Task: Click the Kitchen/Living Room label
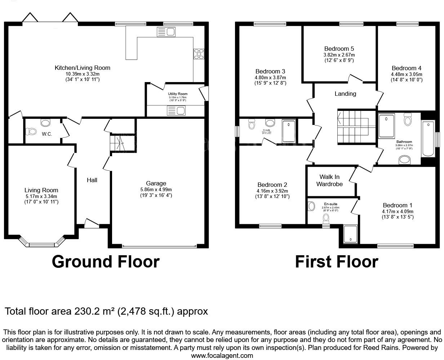click(82, 68)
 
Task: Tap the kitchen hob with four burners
click(199, 54)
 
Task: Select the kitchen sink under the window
click(165, 32)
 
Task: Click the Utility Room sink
click(176, 111)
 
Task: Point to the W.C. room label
click(47, 134)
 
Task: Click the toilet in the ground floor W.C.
click(31, 132)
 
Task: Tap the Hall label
click(92, 180)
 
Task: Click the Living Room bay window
click(41, 244)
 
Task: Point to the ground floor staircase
click(117, 143)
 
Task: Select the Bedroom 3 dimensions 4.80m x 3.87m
click(270, 77)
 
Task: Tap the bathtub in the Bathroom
click(428, 139)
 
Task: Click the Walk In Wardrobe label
click(329, 180)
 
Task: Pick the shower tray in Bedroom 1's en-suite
click(350, 234)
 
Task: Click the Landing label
click(345, 94)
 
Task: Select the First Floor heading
click(336, 262)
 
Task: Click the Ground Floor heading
click(106, 262)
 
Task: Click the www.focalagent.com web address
click(222, 355)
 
